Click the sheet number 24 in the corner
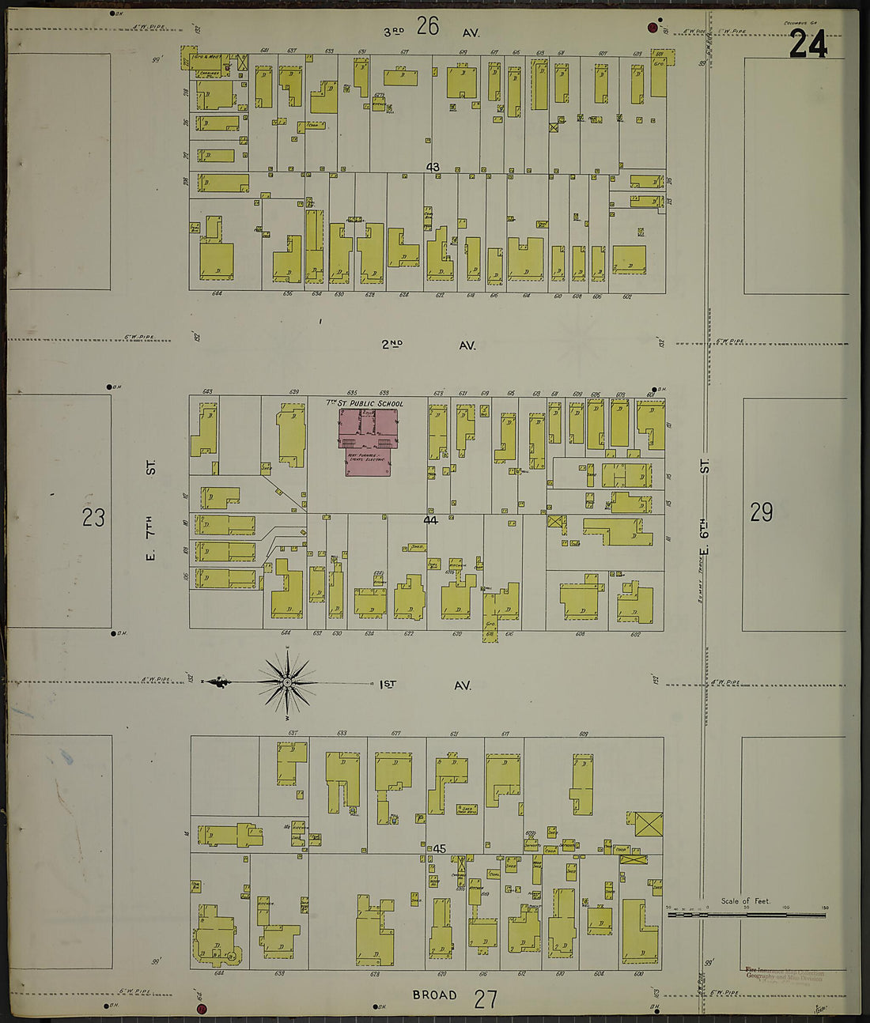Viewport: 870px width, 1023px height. click(x=808, y=44)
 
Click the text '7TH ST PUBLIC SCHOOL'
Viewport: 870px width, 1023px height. click(x=365, y=403)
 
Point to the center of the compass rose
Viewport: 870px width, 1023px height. click(x=287, y=681)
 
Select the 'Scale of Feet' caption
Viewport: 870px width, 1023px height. click(x=745, y=901)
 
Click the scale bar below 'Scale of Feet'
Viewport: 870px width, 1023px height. click(x=747, y=915)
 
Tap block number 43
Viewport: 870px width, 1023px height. click(x=432, y=167)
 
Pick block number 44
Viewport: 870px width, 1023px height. click(x=430, y=520)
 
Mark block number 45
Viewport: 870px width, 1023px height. click(x=440, y=849)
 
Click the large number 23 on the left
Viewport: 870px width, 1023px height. click(x=93, y=518)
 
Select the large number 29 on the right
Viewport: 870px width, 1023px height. click(x=761, y=512)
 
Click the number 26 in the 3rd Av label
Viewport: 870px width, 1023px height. click(x=428, y=28)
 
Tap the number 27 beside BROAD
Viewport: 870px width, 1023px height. click(x=486, y=999)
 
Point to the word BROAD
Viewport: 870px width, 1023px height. click(x=434, y=995)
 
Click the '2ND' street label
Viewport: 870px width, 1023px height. click(x=391, y=344)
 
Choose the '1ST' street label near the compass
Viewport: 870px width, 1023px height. click(x=388, y=684)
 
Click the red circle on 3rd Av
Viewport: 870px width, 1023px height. click(x=652, y=28)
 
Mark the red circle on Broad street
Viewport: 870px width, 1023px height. click(x=201, y=1009)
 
